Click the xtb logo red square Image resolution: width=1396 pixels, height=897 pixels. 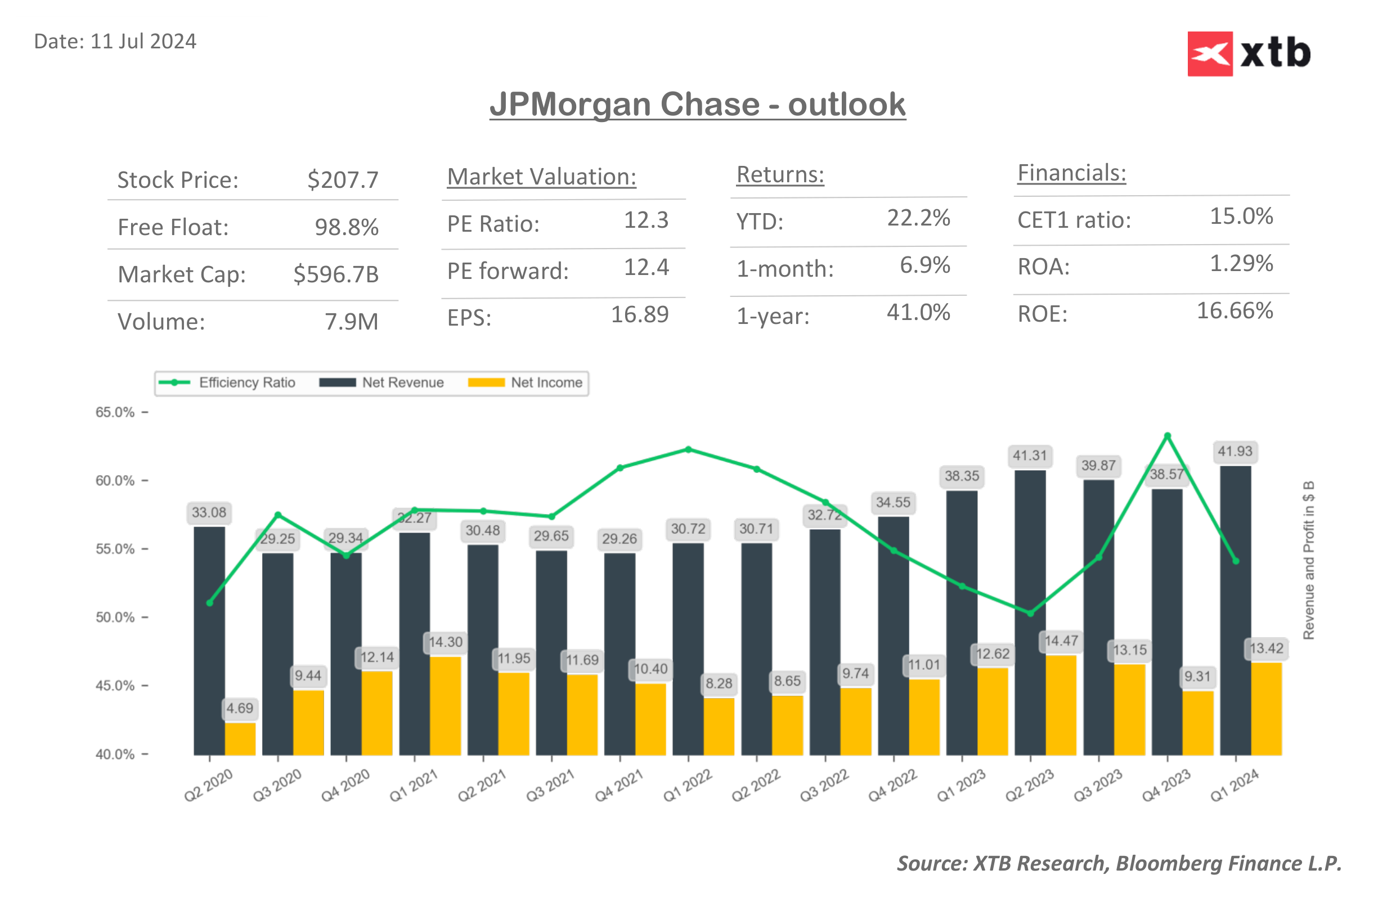coord(1210,53)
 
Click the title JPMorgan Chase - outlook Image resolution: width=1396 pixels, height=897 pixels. coord(697,105)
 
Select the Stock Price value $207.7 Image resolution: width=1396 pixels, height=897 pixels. coord(343,180)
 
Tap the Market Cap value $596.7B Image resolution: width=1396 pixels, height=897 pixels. coord(335,274)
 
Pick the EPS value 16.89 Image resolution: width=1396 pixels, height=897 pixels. coord(639,315)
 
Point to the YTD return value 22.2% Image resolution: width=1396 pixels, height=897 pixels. coord(918,218)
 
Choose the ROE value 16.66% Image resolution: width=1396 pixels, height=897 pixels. coord(1234,311)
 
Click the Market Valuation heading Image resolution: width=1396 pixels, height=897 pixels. coord(541,177)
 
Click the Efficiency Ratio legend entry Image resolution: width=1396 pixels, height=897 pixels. coord(227,382)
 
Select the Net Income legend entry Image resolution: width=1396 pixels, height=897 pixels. coord(526,382)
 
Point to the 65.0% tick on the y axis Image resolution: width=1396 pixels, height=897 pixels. coord(115,412)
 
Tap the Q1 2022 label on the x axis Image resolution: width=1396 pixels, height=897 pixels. coord(688,785)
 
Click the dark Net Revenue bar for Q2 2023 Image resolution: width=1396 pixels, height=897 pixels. coord(1030,612)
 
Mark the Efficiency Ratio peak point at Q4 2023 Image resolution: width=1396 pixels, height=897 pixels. coord(1167,436)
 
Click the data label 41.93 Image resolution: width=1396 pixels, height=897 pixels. coord(1235,452)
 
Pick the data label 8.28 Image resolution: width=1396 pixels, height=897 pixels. coord(719,683)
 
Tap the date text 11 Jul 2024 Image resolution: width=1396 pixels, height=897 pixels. coord(143,42)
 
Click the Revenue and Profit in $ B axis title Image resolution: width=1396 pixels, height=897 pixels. coord(1308,560)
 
